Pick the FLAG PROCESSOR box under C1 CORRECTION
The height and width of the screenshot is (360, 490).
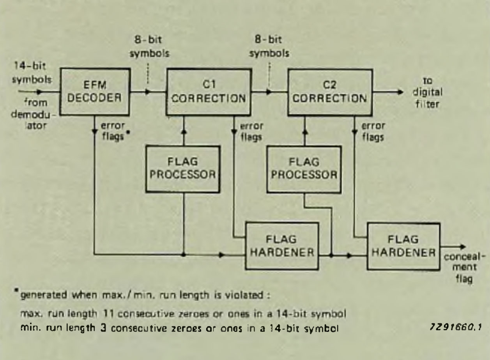pos(183,168)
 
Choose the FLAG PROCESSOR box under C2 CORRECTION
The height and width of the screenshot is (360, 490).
pos(304,168)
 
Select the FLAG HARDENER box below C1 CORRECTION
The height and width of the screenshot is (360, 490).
pos(282,247)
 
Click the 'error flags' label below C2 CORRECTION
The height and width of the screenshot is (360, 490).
pos(373,132)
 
